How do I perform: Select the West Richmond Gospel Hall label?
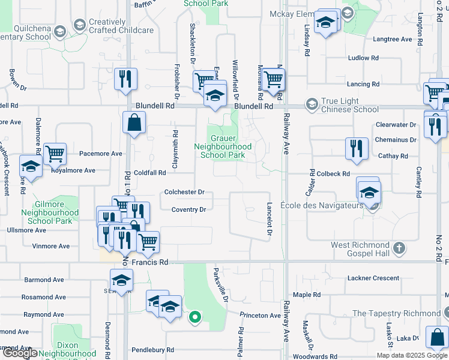[360, 249]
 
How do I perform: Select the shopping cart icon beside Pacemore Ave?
[55, 153]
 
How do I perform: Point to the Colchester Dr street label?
[185, 192]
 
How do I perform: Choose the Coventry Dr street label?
[188, 209]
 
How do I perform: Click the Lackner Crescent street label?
[373, 278]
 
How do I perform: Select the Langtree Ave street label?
[393, 40]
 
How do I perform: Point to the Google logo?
[20, 353]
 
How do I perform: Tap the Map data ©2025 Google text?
[411, 355]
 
